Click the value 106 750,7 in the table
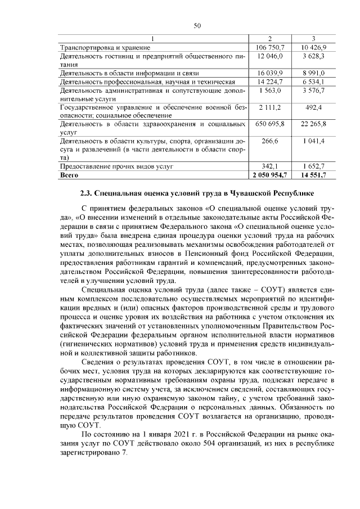click(x=271, y=47)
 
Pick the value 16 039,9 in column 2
click(x=271, y=73)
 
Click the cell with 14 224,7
click(x=271, y=82)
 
